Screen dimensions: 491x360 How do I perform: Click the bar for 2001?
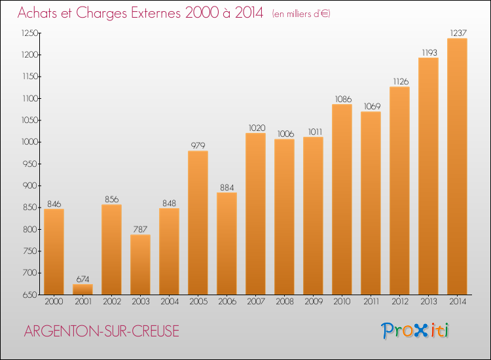[x=82, y=289]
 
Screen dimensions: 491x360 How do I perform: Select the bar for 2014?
[x=457, y=166]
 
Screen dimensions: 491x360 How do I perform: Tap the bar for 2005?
[x=198, y=223]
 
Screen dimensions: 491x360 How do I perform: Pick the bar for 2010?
[x=342, y=199]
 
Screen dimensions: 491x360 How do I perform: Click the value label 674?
[x=82, y=279]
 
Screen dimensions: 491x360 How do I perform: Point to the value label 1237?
[x=458, y=33]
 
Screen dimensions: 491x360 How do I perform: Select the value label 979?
[x=198, y=145]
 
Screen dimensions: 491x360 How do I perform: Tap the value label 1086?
[x=343, y=99]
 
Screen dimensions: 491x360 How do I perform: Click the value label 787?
[x=140, y=230]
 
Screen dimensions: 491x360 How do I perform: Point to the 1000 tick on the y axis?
[x=29, y=142]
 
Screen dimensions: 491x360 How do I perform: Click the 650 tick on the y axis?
[x=30, y=295]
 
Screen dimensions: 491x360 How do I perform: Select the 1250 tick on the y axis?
[x=29, y=33]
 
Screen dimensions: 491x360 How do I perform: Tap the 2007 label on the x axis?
[x=256, y=302]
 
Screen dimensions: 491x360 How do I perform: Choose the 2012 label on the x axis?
[x=400, y=302]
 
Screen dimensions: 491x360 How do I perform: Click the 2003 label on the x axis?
[x=141, y=302]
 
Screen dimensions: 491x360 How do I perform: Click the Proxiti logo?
[x=414, y=331]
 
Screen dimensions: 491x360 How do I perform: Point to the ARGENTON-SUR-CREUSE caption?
[x=101, y=331]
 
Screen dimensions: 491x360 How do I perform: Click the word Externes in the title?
[x=156, y=13]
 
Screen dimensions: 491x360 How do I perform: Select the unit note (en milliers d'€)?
[x=301, y=14]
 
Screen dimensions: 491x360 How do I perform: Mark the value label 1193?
[x=429, y=52]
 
